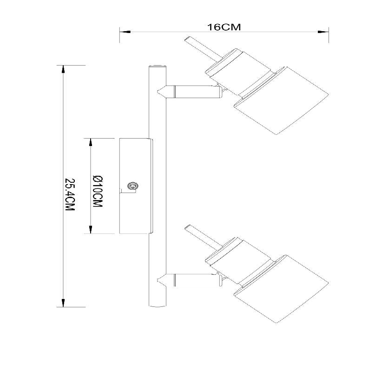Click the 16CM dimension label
[224, 27]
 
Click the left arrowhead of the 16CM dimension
[123, 32]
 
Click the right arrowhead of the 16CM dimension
[325, 32]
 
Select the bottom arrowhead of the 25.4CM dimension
[63, 303]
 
